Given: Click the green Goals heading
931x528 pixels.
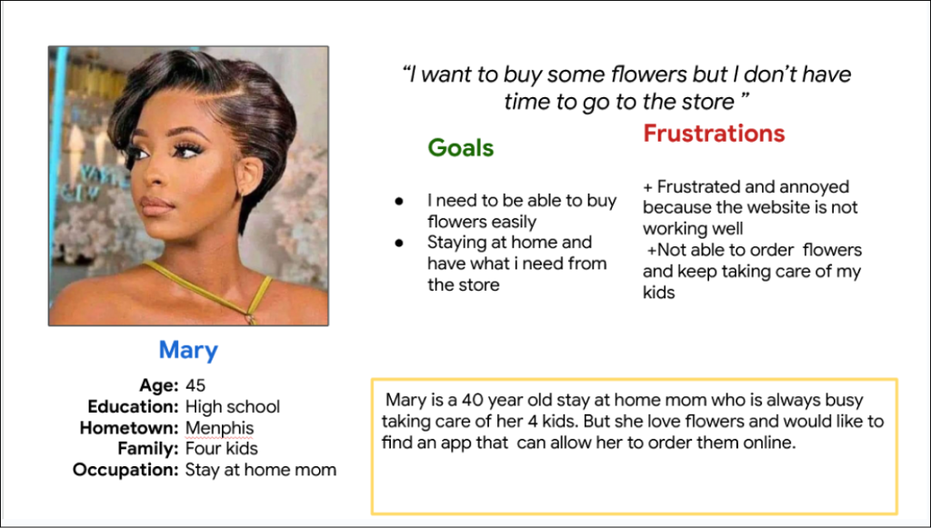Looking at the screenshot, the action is [461, 148].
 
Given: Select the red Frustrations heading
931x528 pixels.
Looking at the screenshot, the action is [714, 134].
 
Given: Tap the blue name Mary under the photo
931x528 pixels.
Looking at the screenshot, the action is [188, 350].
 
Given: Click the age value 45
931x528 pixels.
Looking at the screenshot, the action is [195, 385].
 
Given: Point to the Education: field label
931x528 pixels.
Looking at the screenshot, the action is [133, 407].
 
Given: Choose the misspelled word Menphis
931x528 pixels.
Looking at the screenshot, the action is [219, 428].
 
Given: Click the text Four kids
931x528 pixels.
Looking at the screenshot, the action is [222, 449].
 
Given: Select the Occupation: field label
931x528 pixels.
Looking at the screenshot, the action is [125, 470].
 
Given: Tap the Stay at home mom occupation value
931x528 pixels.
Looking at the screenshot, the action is [261, 470].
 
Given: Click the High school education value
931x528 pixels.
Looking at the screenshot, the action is [232, 407].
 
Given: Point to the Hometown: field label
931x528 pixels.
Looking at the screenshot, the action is [129, 428].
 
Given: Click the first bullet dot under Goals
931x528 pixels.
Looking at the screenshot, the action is [399, 202].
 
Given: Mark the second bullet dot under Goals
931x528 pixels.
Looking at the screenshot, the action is [399, 243].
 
